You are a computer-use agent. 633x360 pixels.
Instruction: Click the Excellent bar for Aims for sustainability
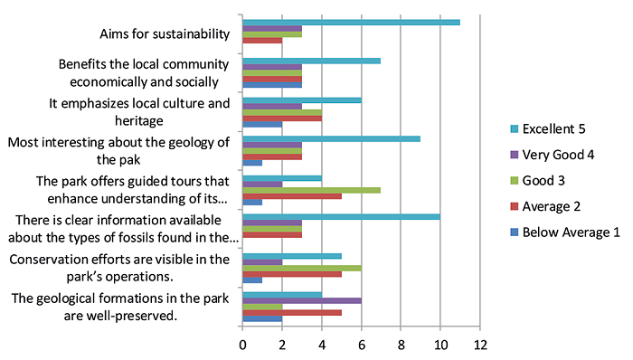[x=351, y=22]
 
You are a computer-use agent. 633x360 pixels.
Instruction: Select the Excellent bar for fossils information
[x=341, y=216]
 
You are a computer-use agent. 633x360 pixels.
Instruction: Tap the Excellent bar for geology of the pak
[x=331, y=138]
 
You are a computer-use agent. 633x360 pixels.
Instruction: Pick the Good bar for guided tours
[x=311, y=190]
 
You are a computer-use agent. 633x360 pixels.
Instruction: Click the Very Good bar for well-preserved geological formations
[x=301, y=300]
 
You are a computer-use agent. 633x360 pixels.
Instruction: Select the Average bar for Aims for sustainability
[x=262, y=41]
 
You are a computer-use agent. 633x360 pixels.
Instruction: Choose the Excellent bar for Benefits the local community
[x=311, y=61]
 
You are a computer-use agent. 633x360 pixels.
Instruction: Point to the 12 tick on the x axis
[x=480, y=346]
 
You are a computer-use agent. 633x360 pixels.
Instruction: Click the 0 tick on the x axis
[x=242, y=346]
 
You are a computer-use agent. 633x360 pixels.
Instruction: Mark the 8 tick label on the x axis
[x=401, y=346]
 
